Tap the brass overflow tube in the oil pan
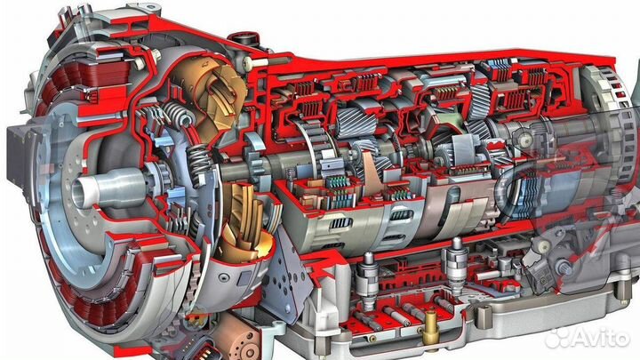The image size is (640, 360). coord(430,327)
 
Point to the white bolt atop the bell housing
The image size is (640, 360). coord(251,62)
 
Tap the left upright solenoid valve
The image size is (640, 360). coord(368,277)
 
